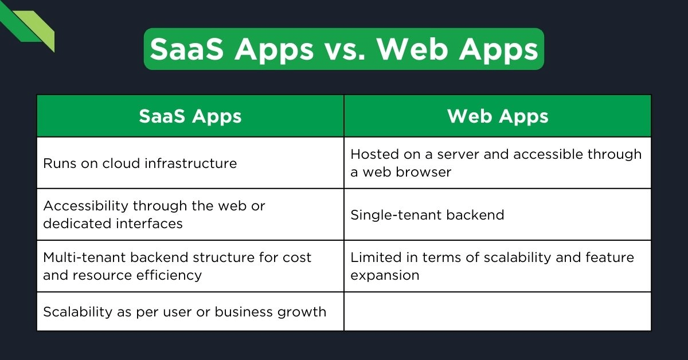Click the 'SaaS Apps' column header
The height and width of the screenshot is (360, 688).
tap(190, 116)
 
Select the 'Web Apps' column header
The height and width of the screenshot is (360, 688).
tap(498, 116)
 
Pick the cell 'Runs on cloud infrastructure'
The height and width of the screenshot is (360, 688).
tap(140, 163)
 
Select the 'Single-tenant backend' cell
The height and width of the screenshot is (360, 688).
tap(427, 215)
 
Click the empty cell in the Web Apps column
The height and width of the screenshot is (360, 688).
tap(498, 312)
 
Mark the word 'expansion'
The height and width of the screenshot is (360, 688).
tap(385, 275)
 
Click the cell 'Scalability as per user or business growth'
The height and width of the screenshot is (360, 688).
tap(185, 312)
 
